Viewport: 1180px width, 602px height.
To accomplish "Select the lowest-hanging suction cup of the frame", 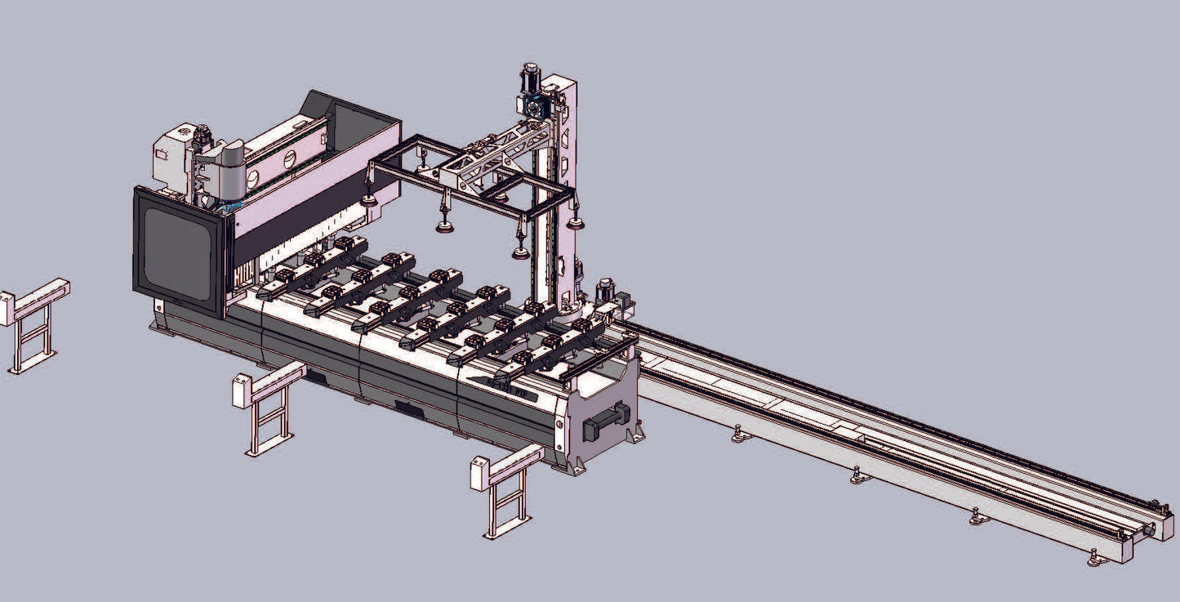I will (x=520, y=252).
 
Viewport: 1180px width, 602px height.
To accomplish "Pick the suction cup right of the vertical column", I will (x=577, y=223).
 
